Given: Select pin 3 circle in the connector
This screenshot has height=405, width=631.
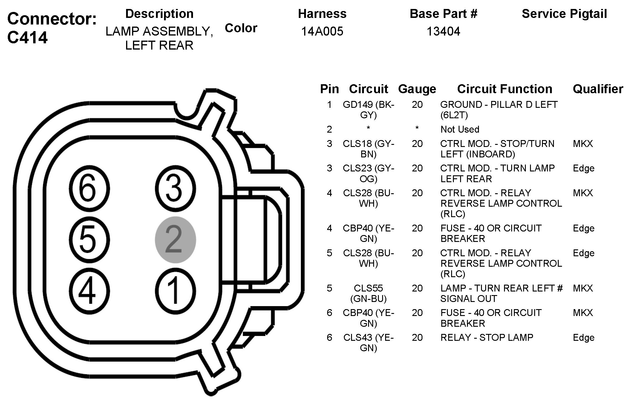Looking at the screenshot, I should point(175,189).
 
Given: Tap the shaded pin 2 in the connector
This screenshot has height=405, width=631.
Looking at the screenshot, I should point(175,240).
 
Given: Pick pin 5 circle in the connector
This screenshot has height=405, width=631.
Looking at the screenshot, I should point(89,240).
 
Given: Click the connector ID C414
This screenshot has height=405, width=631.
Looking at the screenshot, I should point(27,38).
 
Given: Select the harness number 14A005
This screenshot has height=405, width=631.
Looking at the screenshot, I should point(322,31).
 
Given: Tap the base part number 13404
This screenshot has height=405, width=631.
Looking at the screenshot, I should point(443,31).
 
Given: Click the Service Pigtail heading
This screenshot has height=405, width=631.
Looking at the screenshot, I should point(564,14).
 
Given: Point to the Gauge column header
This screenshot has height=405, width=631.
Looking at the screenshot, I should point(417,89).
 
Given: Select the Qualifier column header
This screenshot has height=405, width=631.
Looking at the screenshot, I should point(598,89).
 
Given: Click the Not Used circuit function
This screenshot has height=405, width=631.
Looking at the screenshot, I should point(460,129).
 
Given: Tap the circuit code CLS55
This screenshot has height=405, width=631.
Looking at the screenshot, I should point(368,288).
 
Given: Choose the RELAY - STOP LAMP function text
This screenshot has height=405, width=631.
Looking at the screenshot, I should point(487,337).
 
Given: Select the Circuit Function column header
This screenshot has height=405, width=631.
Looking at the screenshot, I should point(505,89).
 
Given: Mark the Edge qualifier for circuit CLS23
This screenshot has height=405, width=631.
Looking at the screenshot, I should point(583,168).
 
